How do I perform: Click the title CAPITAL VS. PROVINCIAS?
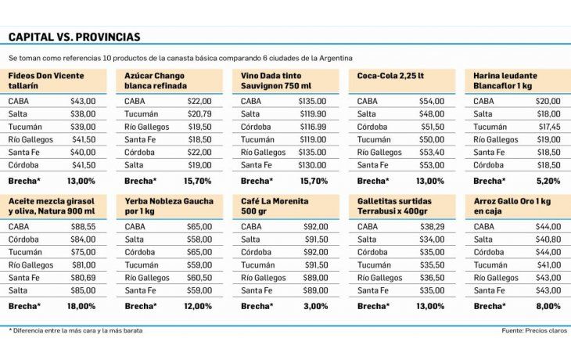(74, 37)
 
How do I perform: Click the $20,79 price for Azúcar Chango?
(199, 113)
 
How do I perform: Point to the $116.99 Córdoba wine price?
(313, 127)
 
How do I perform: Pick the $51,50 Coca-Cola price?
(432, 127)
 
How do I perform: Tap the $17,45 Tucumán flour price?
(548, 127)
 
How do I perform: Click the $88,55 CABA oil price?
(82, 226)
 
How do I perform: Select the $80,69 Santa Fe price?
(82, 277)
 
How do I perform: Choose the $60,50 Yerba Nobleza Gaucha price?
(199, 277)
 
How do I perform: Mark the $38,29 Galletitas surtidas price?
(432, 226)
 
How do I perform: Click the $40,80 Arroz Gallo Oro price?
(548, 239)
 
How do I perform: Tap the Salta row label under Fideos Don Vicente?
(19, 113)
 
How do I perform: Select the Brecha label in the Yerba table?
(141, 306)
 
